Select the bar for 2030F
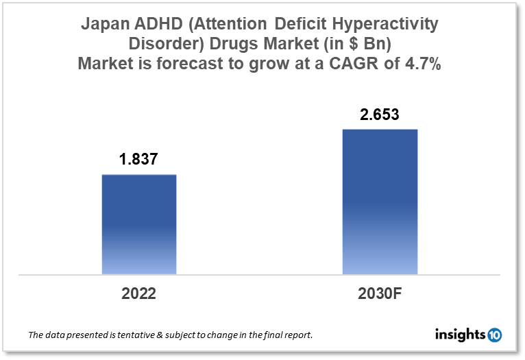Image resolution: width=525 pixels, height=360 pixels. (380, 202)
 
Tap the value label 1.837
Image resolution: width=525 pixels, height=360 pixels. (139, 159)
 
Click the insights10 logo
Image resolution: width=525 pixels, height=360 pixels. (469, 335)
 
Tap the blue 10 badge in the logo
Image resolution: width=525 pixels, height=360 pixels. (494, 335)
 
